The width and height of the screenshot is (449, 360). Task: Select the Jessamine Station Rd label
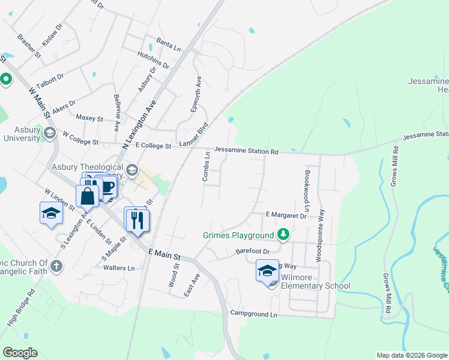246,151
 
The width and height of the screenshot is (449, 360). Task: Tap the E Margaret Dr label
286,215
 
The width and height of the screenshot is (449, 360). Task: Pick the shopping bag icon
88,195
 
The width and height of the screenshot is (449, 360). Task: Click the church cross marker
56,266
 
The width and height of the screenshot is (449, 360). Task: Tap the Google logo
20,352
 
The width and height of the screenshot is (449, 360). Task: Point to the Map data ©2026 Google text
411,355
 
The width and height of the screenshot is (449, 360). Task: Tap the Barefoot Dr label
253,252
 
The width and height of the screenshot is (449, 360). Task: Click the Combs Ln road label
205,167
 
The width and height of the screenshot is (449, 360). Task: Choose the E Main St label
165,254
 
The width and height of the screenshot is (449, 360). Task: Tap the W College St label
80,142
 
